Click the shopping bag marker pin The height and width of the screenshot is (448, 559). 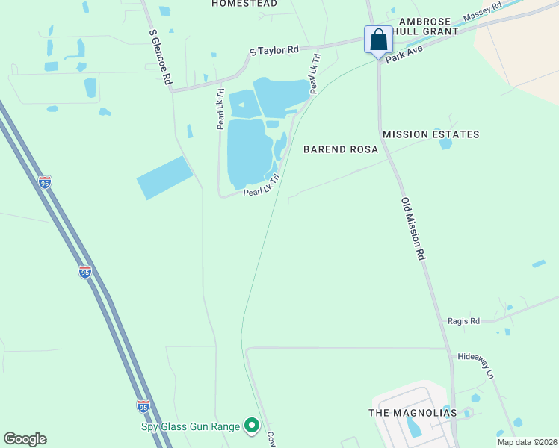[378, 40]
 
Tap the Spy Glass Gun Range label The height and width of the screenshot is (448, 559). [191, 427]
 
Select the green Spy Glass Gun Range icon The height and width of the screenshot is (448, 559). [252, 426]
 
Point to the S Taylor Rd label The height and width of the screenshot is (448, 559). [274, 50]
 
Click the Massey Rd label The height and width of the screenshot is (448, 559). [484, 12]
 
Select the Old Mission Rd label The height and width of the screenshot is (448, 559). [413, 228]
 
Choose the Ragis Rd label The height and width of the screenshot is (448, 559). [463, 320]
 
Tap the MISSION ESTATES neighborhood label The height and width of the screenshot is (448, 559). [430, 134]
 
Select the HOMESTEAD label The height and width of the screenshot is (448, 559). [244, 4]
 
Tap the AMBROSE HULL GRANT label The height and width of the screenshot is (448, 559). [436, 27]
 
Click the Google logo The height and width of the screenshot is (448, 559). [25, 439]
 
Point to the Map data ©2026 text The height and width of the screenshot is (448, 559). [527, 442]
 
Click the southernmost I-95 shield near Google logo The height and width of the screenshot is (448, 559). [143, 405]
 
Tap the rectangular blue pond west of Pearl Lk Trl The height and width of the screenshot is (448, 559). [165, 178]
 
